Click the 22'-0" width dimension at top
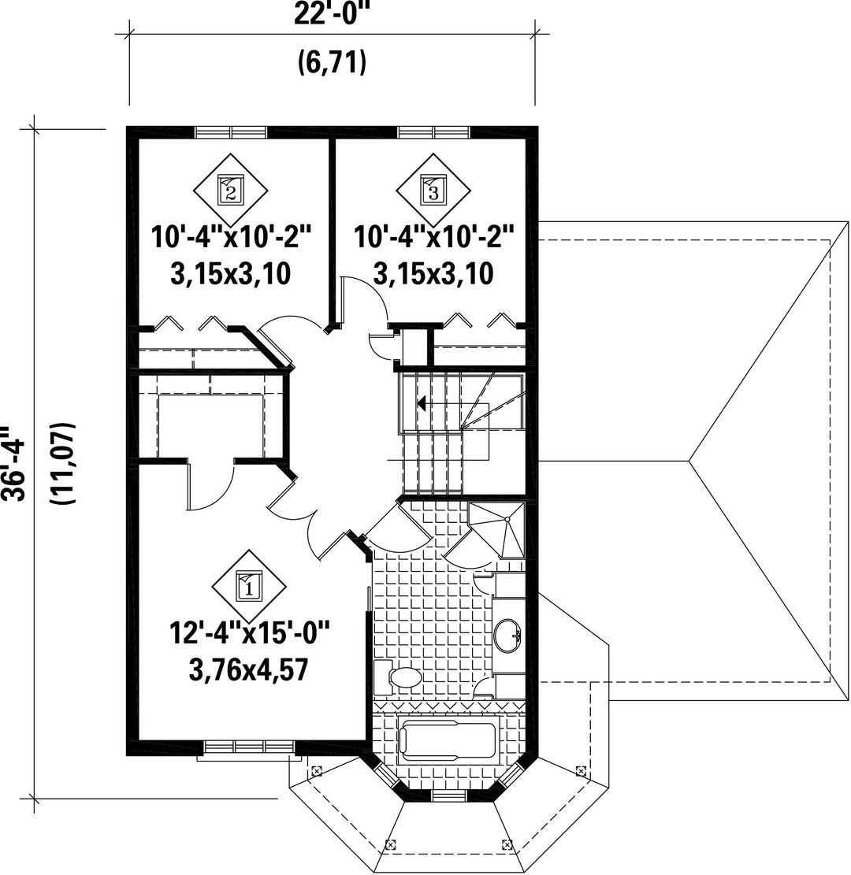[x=333, y=13]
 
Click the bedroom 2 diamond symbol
[x=231, y=190]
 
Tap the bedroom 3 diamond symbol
[x=433, y=190]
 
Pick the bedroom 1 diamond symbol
[x=249, y=587]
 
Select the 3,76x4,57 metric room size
[x=248, y=669]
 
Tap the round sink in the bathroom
[x=509, y=635]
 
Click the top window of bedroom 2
[x=231, y=132]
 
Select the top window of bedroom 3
[x=434, y=132]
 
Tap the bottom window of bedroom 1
[x=249, y=747]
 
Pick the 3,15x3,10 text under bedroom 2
[x=231, y=274]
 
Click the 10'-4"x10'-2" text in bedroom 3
[x=433, y=236]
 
